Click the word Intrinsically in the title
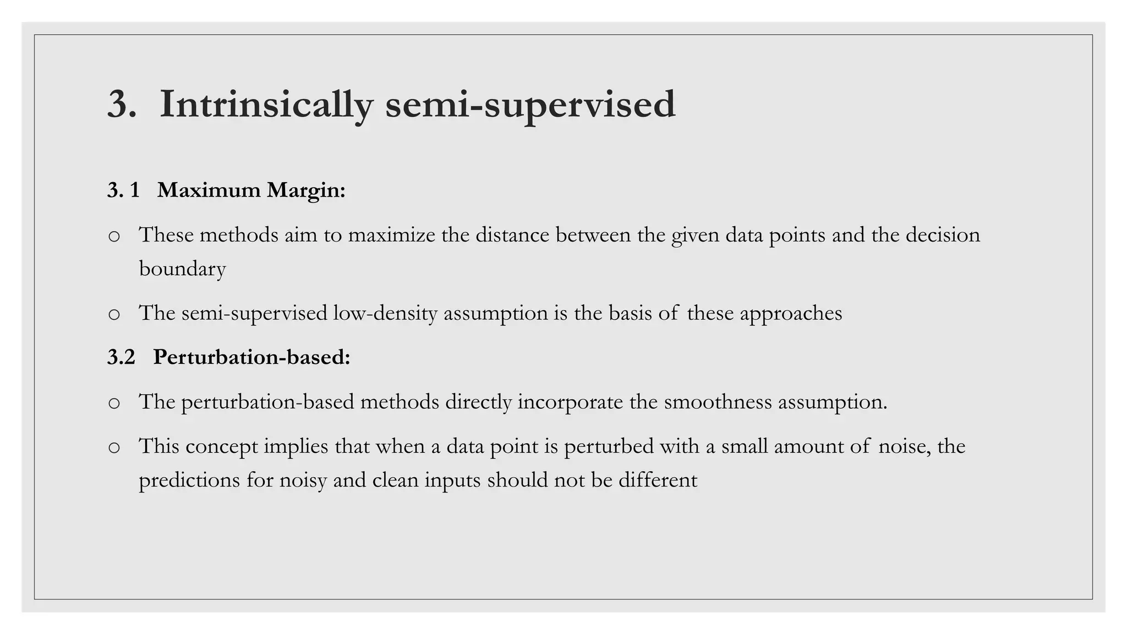point(266,104)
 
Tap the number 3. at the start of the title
point(121,104)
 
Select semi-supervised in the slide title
point(530,104)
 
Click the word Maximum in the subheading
point(209,190)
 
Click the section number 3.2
point(121,358)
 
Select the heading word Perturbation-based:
point(251,358)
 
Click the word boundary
point(182,269)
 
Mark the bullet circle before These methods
point(114,237)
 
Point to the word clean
point(395,480)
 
